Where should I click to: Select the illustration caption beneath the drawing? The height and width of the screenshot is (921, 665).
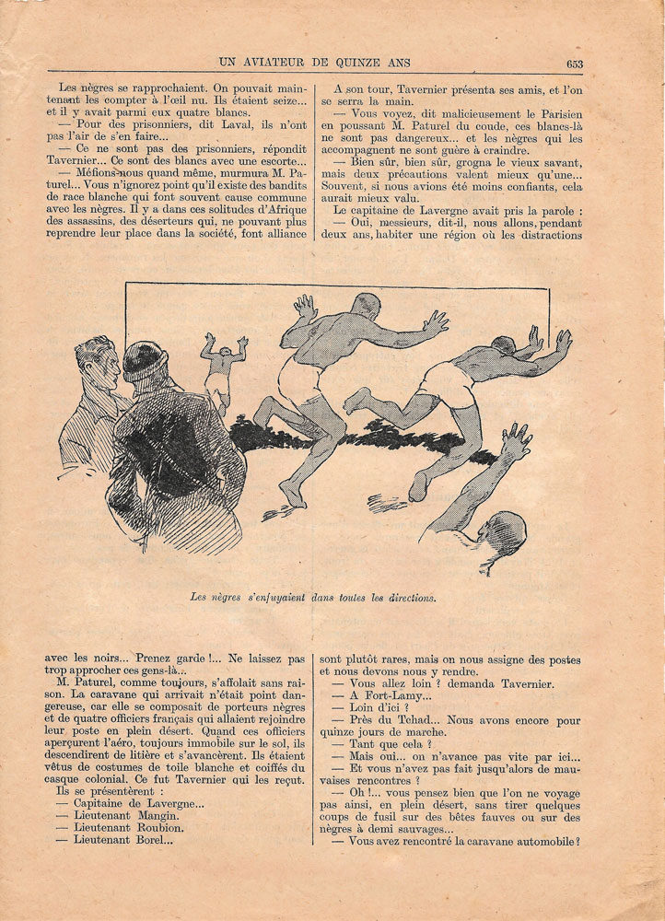coord(312,596)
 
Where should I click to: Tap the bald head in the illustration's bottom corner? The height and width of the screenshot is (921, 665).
coord(505,534)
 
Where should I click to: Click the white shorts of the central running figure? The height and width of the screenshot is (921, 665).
coord(301,376)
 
